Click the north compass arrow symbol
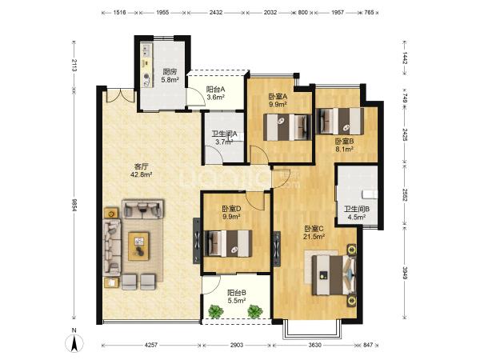point(74,342)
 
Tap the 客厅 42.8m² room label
point(142,171)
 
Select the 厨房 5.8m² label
point(170,76)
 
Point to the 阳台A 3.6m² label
point(216,94)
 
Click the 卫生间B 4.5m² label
point(357,213)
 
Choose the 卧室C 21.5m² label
point(314,232)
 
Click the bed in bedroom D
point(228,243)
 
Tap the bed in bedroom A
point(287,127)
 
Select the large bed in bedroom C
point(333,274)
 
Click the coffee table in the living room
point(138,246)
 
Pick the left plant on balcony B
point(216,311)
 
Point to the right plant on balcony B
point(255,311)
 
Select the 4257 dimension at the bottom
point(150,345)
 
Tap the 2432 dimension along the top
point(216,13)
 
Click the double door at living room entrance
point(120,95)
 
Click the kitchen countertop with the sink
point(147,65)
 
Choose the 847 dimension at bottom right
point(368,345)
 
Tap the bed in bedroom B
point(340,122)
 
